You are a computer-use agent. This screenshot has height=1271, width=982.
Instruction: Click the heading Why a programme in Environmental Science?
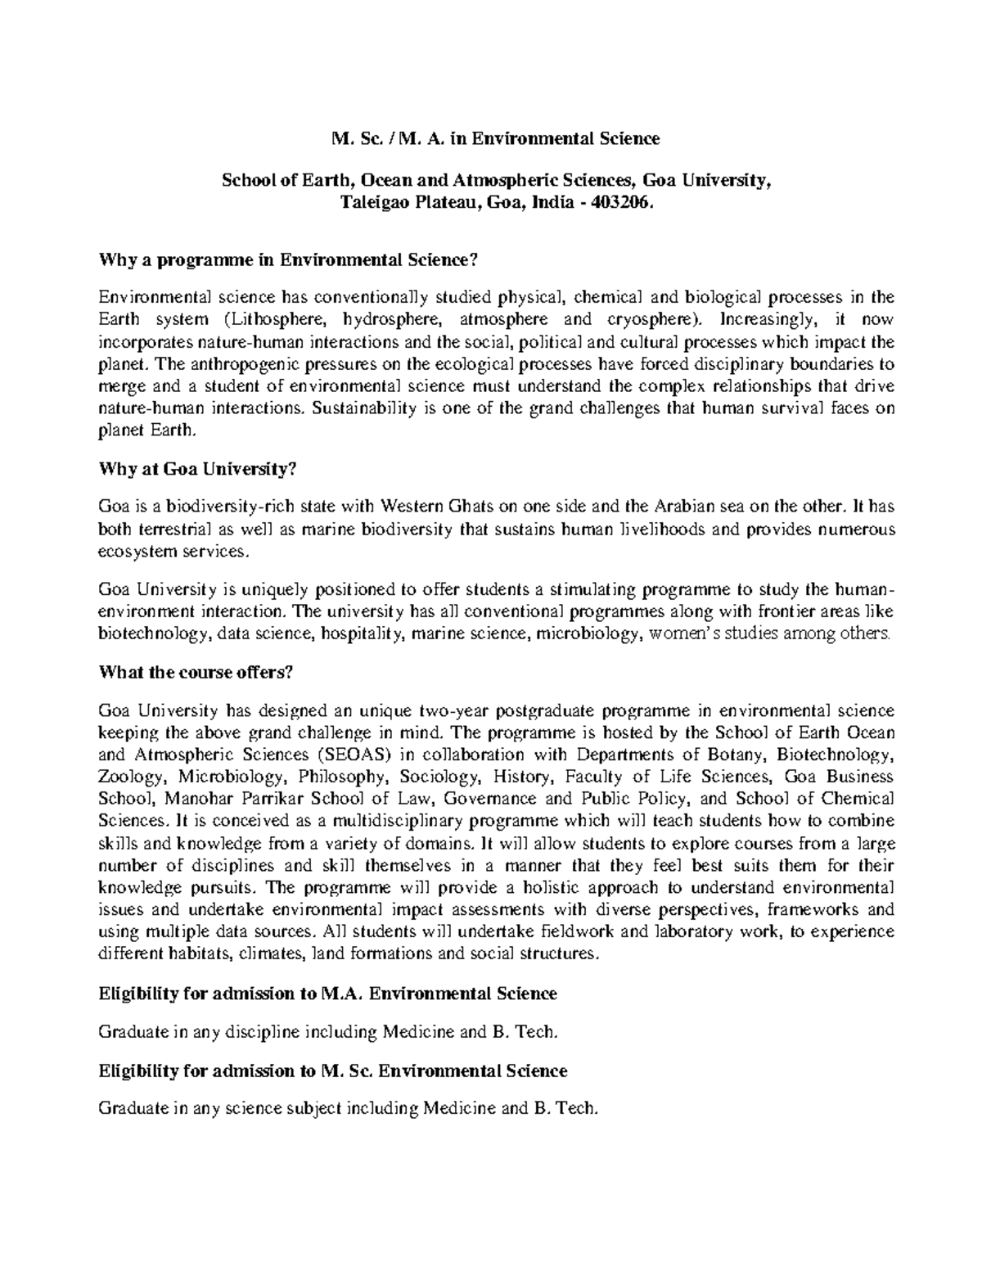pyautogui.click(x=287, y=260)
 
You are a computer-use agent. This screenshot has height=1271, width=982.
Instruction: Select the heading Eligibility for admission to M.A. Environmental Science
pyautogui.click(x=327, y=994)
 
